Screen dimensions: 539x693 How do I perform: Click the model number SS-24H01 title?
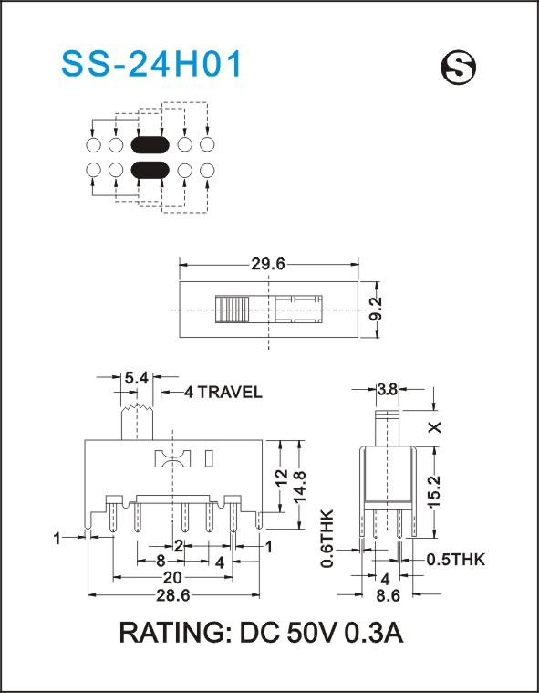tap(151, 65)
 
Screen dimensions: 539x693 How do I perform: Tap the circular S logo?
tap(458, 68)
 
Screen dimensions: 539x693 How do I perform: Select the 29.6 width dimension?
tap(268, 264)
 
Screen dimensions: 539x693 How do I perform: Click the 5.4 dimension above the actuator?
tap(137, 378)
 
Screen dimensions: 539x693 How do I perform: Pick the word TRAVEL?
tap(229, 392)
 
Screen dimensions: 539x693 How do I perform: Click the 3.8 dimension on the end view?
tap(388, 390)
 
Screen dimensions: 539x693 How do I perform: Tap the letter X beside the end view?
tap(435, 427)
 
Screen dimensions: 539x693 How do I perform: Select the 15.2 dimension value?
tap(434, 492)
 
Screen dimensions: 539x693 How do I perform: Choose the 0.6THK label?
tap(327, 539)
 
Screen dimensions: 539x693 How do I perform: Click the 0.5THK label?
tap(456, 560)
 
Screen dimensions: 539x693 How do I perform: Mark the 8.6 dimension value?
tap(388, 596)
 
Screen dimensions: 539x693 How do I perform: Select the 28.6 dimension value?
tap(173, 596)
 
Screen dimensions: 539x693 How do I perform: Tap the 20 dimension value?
tap(172, 578)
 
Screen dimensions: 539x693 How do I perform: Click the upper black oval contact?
tap(150, 144)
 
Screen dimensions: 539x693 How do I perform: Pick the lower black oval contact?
tap(150, 170)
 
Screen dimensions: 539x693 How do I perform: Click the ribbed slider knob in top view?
tap(233, 310)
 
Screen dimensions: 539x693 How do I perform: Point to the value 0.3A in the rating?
tap(373, 633)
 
